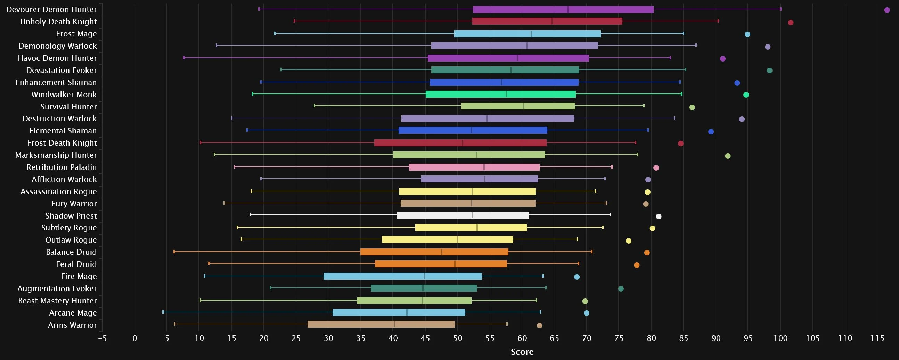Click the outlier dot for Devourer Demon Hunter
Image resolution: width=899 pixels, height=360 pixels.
click(x=887, y=10)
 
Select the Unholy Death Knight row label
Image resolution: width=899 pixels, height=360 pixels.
click(x=58, y=22)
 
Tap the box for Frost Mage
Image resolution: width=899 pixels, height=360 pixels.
click(x=527, y=34)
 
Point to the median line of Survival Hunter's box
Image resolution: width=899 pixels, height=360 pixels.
click(x=523, y=106)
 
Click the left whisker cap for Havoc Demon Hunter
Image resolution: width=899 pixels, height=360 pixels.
click(x=184, y=58)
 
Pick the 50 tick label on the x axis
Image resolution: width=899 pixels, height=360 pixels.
click(x=458, y=338)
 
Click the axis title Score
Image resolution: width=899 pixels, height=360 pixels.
click(x=522, y=352)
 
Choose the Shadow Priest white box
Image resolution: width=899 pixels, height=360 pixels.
click(x=463, y=215)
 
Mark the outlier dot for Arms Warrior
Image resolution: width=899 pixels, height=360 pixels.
click(x=539, y=326)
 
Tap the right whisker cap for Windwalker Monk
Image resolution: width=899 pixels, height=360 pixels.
click(x=681, y=94)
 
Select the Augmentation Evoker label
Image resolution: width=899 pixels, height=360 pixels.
click(x=57, y=288)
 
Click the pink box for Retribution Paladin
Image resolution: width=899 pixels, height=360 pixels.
click(x=474, y=167)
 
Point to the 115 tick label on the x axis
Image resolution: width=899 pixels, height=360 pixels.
click(x=877, y=338)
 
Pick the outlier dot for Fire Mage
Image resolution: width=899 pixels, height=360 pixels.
click(x=577, y=277)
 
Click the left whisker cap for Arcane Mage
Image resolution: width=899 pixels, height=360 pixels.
click(x=163, y=312)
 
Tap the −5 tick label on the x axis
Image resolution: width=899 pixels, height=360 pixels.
click(x=102, y=338)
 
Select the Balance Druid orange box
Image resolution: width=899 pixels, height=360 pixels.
click(x=434, y=252)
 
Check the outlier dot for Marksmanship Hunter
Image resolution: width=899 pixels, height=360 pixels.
click(x=728, y=156)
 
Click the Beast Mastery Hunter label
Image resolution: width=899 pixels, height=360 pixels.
click(x=57, y=301)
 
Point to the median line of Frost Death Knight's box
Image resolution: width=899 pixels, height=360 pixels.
click(x=463, y=143)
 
